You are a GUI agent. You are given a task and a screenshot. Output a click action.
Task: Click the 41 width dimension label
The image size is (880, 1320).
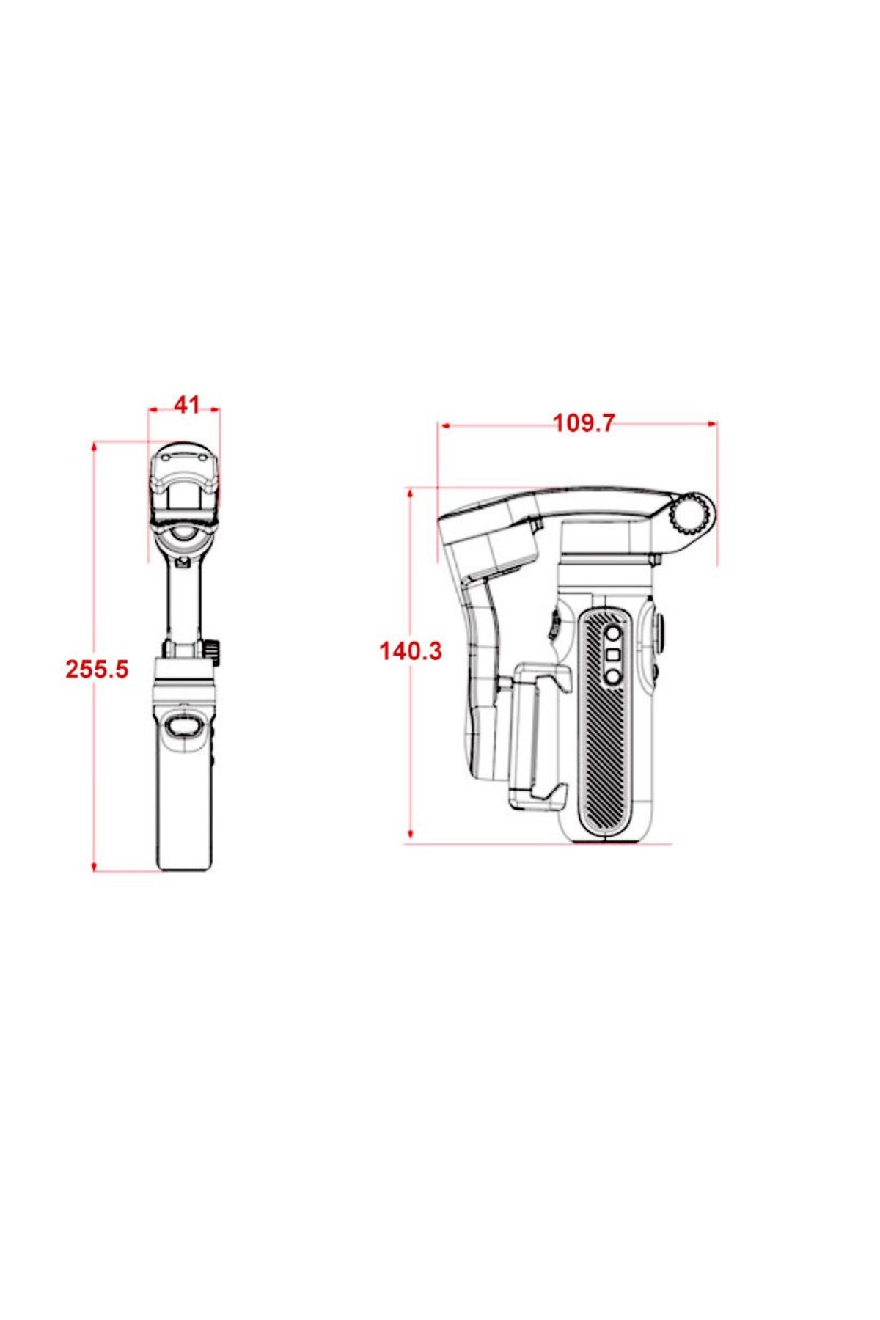point(186,404)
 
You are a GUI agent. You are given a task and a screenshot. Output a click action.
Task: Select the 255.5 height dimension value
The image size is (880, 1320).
point(97,669)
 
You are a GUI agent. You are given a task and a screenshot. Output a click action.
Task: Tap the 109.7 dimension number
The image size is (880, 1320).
point(584,423)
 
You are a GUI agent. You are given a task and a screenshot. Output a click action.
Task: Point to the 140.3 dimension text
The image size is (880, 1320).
point(411,650)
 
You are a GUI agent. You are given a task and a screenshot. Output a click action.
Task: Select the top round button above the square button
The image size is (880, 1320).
point(612,633)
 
